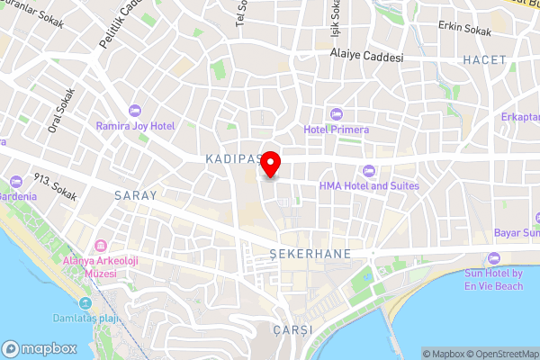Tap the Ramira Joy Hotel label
pos(135,126)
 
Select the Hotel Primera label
pos(337,130)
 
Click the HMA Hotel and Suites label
pos(368,185)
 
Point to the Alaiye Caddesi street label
pos(365,57)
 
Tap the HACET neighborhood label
pos(485,59)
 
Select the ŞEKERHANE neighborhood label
pos(310,255)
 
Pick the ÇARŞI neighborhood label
pos(292,330)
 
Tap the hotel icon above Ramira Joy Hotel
pos(135,109)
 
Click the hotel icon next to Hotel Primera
pos(337,113)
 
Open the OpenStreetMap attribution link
pos(499,354)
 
